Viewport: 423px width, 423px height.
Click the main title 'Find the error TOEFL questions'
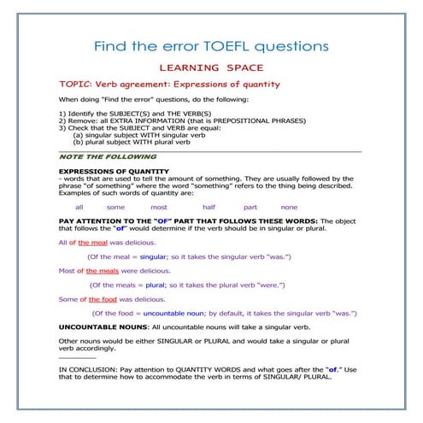pos(212,45)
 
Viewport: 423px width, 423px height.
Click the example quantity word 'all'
pos(79,207)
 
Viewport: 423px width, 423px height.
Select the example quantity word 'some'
pos(115,207)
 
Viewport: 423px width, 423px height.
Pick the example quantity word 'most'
pos(159,207)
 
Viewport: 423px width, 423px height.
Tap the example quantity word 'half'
pos(209,207)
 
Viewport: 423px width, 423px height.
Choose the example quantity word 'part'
pos(250,207)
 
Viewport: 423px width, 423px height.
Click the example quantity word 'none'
pos(289,207)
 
